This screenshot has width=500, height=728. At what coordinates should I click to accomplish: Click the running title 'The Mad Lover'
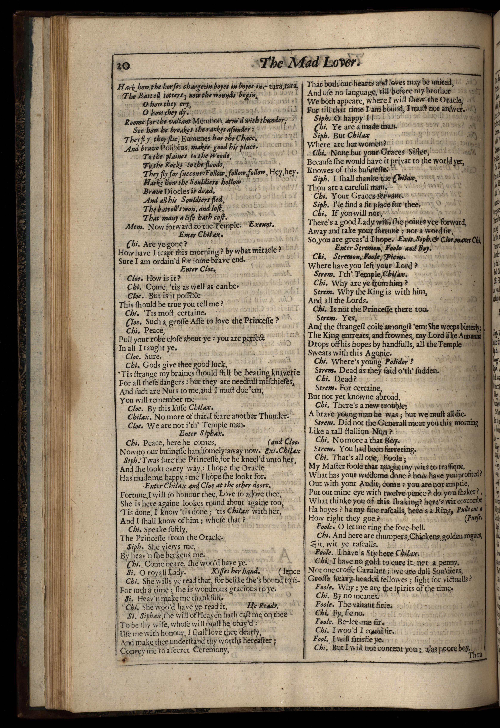point(309,63)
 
